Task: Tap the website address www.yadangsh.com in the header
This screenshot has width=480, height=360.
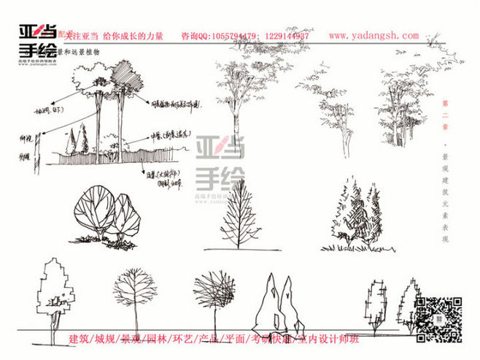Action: tap(373, 36)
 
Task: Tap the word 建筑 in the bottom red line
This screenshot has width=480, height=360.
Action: tap(81, 340)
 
